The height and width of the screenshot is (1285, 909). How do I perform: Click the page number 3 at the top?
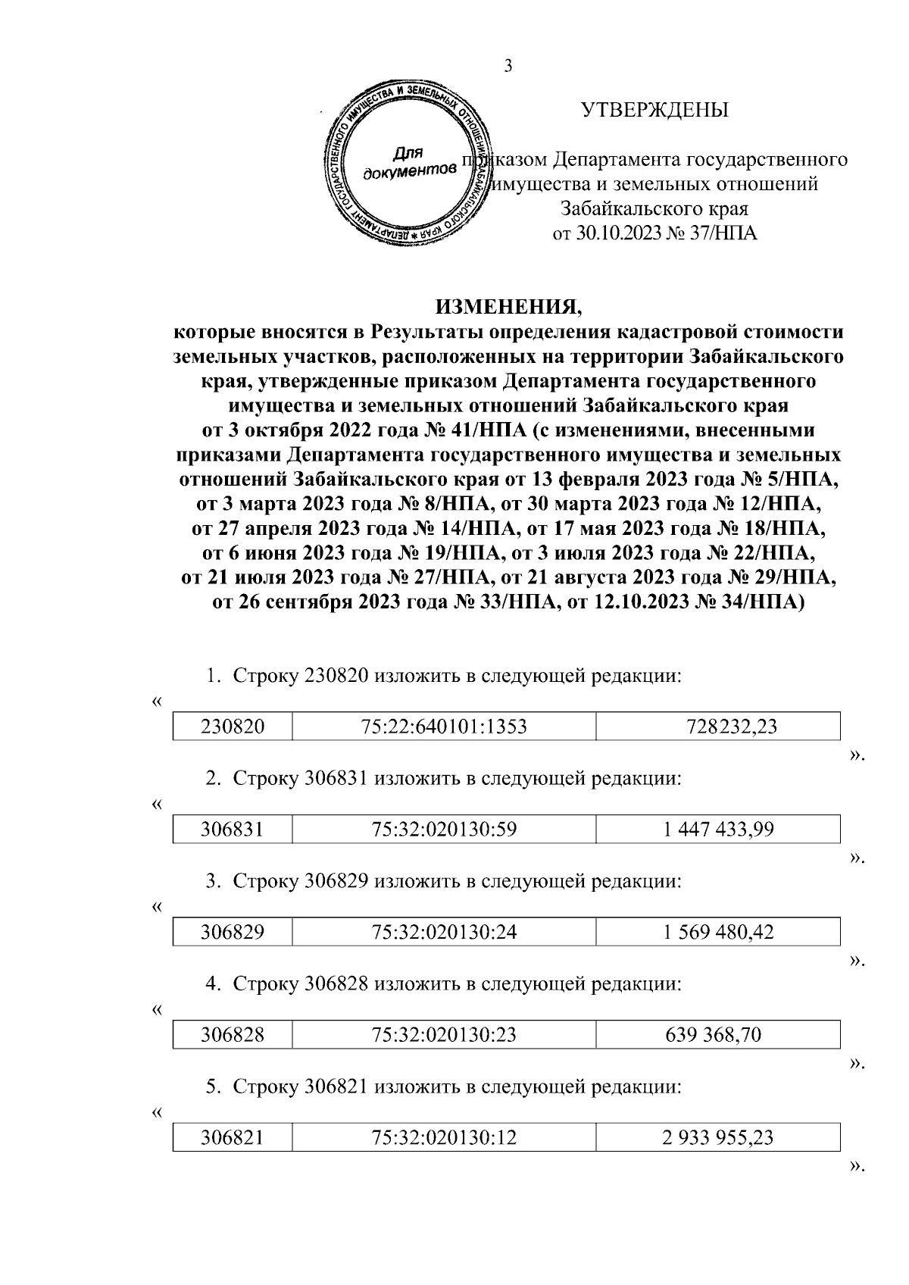click(508, 66)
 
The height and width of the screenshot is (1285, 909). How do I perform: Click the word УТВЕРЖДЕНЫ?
click(654, 111)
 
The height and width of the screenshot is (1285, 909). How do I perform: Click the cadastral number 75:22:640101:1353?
click(444, 727)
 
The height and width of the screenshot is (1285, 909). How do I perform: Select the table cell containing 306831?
click(232, 830)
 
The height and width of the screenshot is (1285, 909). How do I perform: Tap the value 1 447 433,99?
click(717, 830)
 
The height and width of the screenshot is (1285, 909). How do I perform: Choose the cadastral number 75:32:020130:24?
click(444, 933)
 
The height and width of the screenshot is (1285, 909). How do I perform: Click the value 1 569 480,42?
click(717, 933)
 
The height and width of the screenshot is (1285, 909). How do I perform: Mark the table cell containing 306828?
click(232, 1035)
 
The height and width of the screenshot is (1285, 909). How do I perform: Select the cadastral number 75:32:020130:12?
click(444, 1138)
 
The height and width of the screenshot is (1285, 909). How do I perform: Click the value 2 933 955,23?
click(717, 1138)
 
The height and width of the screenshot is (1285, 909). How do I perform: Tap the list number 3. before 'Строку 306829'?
click(214, 881)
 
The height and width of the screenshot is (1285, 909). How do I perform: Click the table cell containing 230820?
click(232, 727)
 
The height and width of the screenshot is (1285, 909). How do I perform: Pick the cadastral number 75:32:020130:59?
click(444, 830)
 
